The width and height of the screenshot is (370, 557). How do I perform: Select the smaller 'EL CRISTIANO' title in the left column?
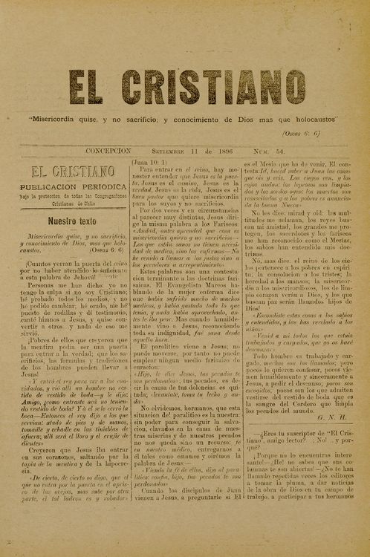pyautogui.click(x=71, y=172)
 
